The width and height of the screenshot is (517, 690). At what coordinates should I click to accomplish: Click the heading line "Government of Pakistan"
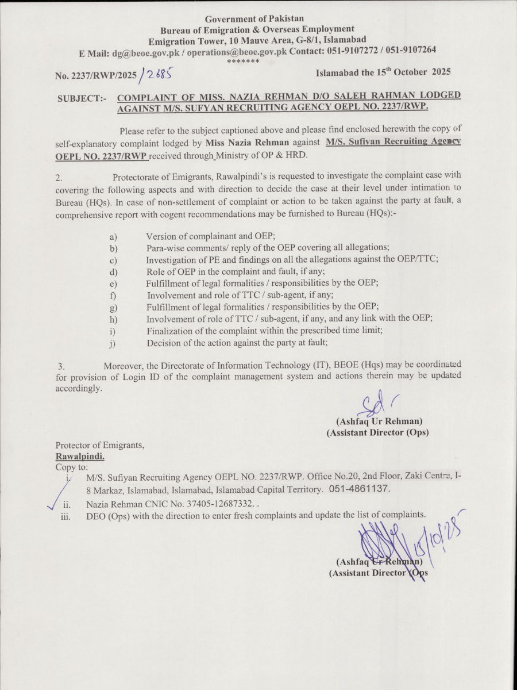[254, 19]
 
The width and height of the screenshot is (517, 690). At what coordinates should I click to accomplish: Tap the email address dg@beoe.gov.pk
[146, 52]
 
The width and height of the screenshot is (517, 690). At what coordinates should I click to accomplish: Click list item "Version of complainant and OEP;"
[211, 236]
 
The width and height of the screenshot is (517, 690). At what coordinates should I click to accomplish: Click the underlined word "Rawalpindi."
[80, 456]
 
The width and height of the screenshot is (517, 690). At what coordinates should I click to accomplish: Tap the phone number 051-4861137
[360, 489]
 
